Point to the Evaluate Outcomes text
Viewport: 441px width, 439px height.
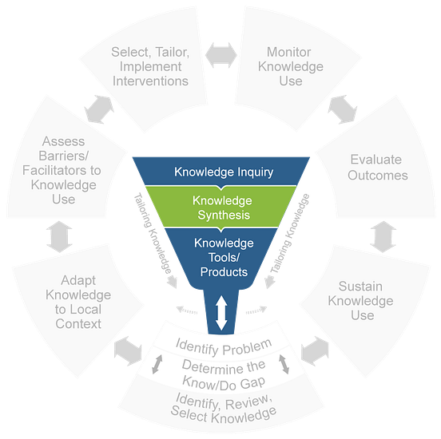(377, 167)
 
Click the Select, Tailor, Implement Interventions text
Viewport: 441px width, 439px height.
(150, 66)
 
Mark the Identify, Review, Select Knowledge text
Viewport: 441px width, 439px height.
(223, 404)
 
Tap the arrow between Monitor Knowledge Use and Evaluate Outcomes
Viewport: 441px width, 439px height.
(341, 104)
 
